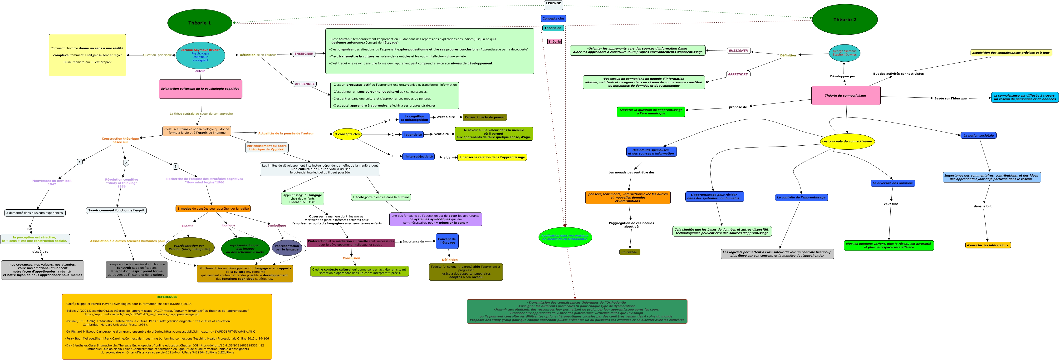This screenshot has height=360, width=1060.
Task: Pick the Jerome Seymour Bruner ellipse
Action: click(200, 55)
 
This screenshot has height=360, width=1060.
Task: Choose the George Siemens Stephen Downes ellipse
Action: click(844, 53)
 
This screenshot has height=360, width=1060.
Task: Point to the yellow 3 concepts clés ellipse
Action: click(347, 134)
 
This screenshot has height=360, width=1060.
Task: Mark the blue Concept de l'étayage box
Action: click(447, 241)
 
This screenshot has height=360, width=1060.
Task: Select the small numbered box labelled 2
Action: click(126, 163)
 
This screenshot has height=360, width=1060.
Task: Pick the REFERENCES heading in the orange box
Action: click(167, 297)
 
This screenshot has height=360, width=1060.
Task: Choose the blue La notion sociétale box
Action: click(978, 135)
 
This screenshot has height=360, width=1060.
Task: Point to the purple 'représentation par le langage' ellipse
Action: click(287, 248)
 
